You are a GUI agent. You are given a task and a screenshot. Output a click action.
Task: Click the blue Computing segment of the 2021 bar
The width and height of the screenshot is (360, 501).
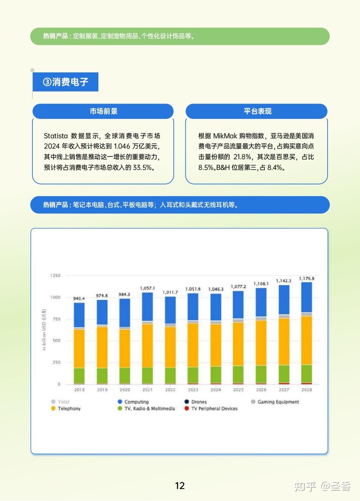click(148, 307)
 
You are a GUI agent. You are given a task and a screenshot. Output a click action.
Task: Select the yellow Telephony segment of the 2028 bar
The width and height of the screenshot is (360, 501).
click(307, 340)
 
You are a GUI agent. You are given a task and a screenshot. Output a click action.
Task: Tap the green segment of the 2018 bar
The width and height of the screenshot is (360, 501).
click(79, 376)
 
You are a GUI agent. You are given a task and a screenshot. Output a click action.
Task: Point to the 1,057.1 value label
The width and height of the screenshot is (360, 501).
click(148, 288)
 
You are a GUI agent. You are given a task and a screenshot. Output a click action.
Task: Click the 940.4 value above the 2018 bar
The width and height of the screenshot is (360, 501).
click(79, 299)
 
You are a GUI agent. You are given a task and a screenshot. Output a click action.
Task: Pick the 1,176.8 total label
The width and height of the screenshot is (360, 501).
click(307, 279)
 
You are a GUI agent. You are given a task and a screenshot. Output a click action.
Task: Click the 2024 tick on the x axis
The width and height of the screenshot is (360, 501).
click(215, 390)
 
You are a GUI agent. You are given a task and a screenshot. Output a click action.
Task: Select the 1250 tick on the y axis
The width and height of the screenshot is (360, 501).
click(55, 275)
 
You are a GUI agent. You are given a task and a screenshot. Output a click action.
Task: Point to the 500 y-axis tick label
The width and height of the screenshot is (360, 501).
click(56, 341)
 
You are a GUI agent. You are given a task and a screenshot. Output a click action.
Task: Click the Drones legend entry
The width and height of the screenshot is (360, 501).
click(196, 402)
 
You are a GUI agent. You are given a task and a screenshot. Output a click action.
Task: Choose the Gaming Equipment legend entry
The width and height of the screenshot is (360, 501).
click(275, 402)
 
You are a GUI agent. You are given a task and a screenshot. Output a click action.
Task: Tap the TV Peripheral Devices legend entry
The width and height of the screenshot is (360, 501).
click(211, 408)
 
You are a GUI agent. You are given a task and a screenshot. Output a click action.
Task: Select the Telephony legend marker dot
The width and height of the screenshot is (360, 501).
click(53, 408)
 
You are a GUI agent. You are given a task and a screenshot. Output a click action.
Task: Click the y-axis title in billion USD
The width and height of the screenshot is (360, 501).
click(44, 330)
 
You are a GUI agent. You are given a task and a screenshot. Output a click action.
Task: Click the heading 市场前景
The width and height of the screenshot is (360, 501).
click(103, 111)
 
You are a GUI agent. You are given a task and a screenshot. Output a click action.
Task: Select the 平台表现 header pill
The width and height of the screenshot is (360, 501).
click(257, 111)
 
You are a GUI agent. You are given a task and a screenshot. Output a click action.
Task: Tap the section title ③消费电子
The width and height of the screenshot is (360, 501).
click(65, 82)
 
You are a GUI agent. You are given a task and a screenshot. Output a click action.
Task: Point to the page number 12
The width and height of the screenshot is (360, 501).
click(180, 486)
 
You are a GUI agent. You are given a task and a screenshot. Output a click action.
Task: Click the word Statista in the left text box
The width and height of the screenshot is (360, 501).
click(56, 136)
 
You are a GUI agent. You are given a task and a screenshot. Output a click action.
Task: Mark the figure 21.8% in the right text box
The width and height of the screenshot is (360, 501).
click(242, 157)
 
